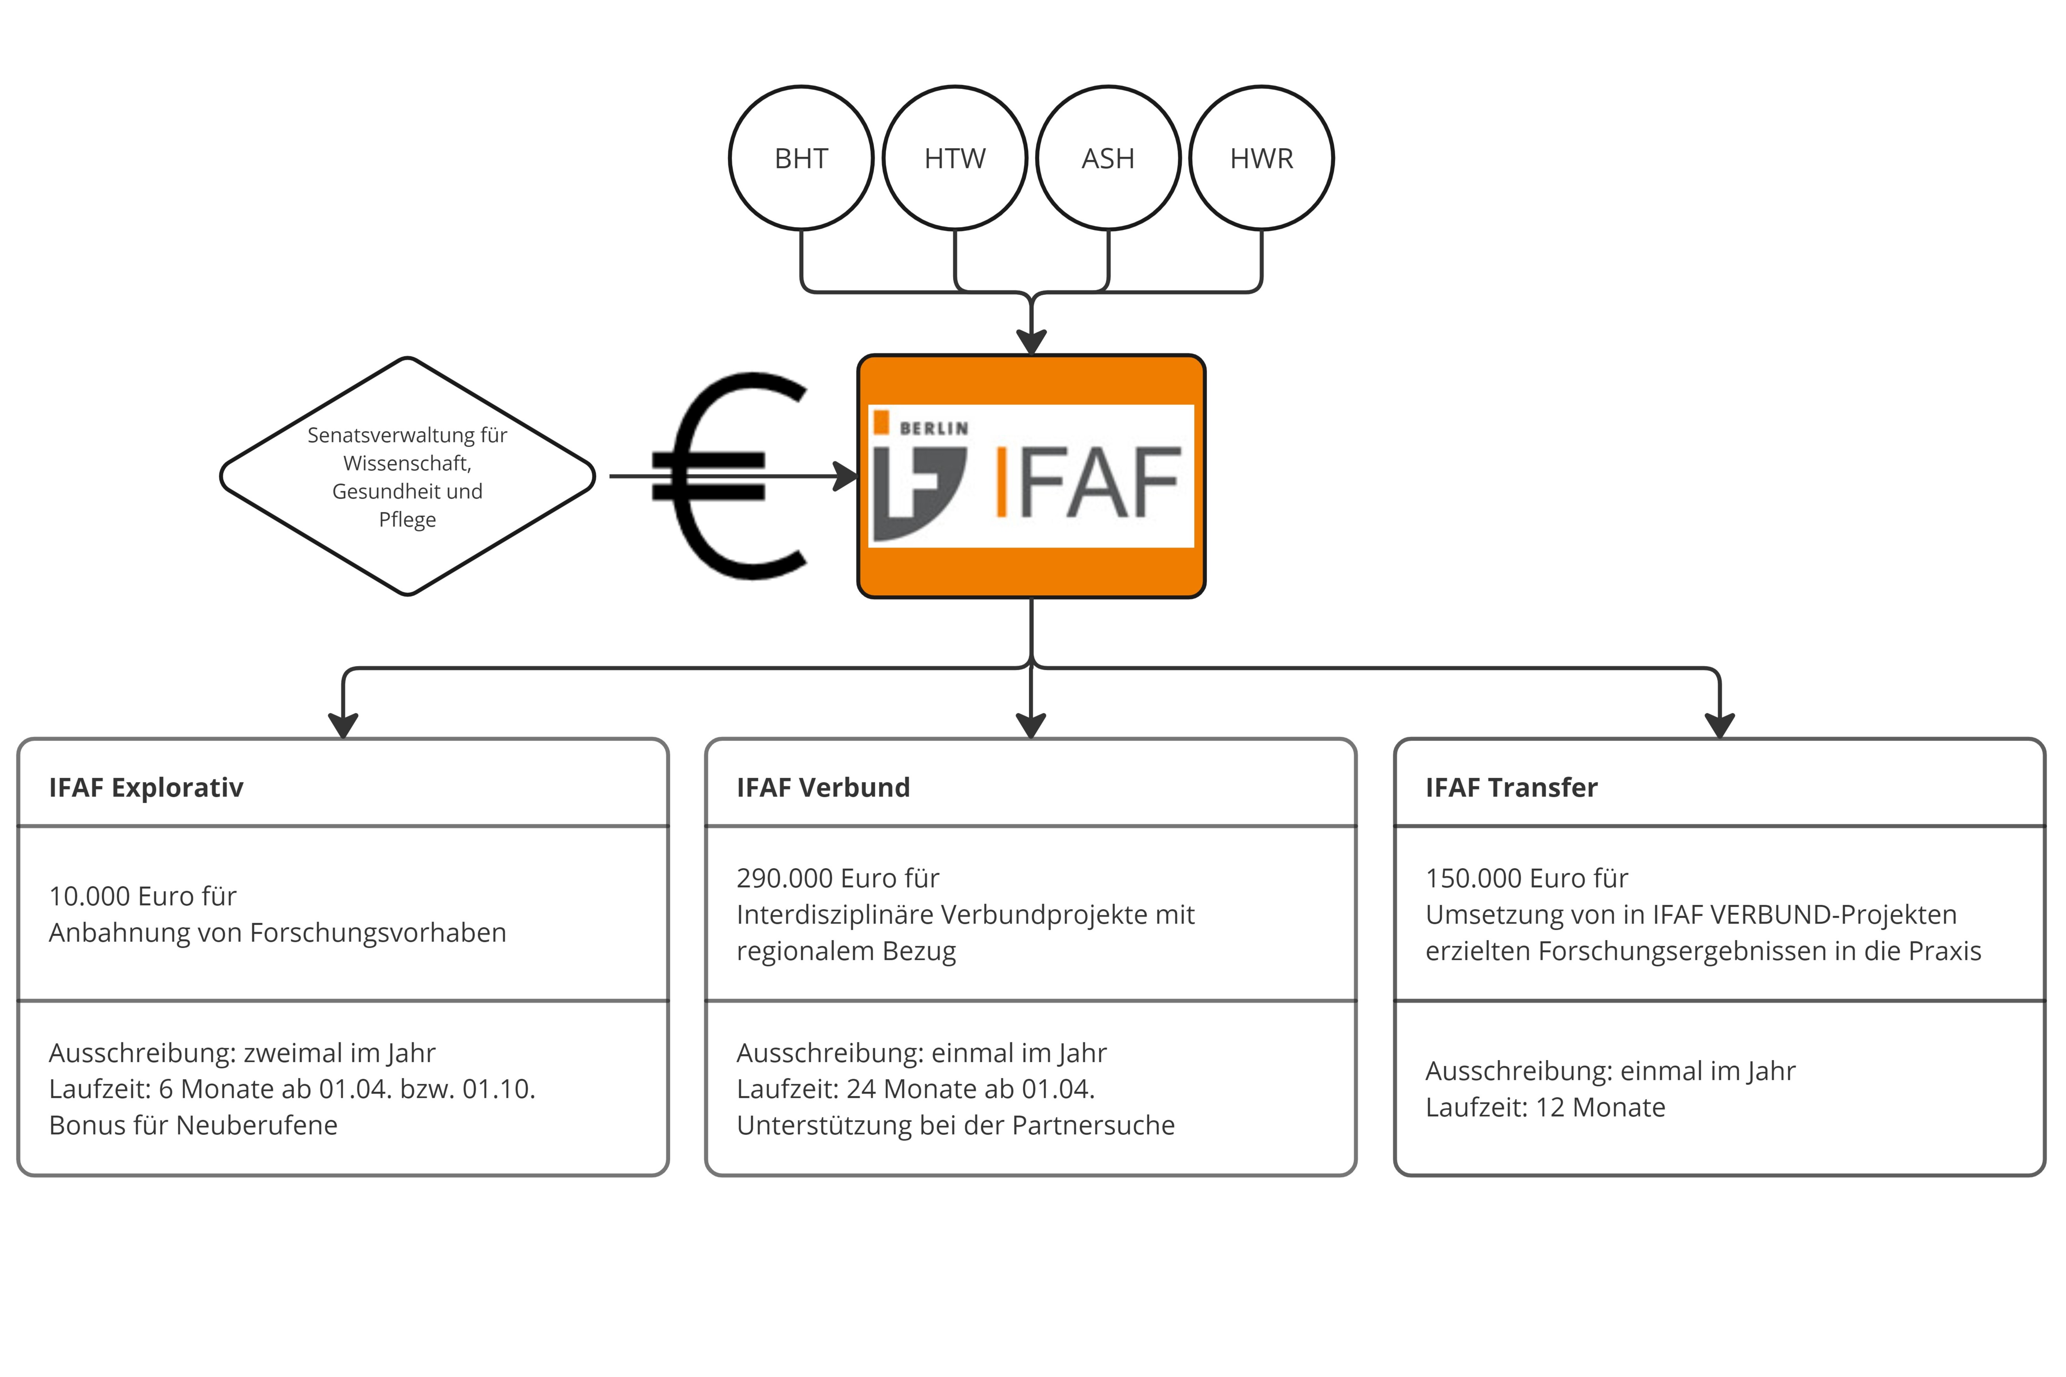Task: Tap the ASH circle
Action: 1107,158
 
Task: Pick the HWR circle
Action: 1261,158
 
